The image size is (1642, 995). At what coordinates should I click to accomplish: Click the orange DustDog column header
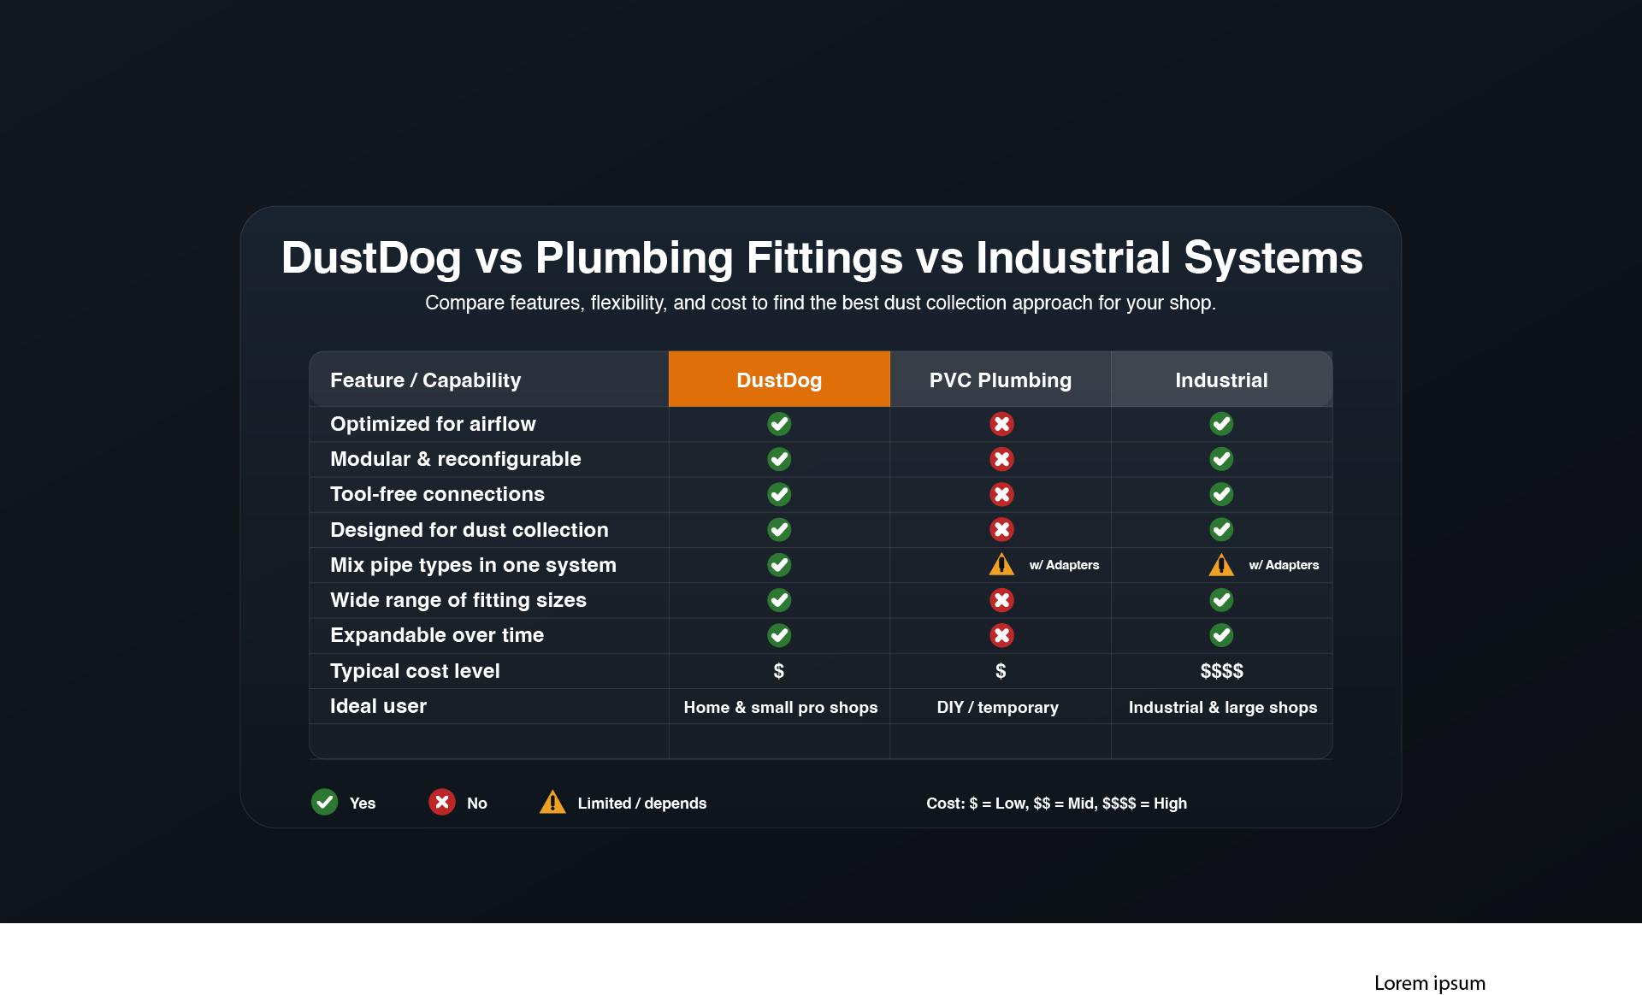click(x=778, y=380)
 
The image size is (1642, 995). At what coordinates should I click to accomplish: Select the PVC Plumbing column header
click(x=1000, y=380)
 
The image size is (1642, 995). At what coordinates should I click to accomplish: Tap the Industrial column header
click(x=1221, y=380)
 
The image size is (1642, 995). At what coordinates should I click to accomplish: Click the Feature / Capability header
click(x=425, y=380)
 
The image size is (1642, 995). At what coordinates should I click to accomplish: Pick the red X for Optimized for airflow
click(x=1001, y=424)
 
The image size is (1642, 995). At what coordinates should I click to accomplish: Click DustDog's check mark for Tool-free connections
click(x=779, y=494)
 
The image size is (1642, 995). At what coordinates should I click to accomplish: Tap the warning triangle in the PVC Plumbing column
click(x=1001, y=565)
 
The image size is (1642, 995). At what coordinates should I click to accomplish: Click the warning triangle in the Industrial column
click(x=1221, y=565)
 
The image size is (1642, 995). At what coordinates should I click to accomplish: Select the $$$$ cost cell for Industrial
click(x=1221, y=671)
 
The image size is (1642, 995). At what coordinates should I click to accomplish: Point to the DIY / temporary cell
click(x=997, y=707)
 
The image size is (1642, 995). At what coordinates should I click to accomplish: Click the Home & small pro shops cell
click(x=780, y=707)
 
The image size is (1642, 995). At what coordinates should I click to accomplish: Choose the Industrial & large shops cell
click(x=1222, y=707)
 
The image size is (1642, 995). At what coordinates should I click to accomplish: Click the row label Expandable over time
click(x=437, y=635)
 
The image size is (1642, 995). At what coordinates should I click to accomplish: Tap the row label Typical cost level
click(x=415, y=671)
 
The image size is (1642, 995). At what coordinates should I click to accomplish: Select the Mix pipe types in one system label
click(x=473, y=565)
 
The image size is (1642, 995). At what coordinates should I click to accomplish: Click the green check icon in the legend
click(x=324, y=802)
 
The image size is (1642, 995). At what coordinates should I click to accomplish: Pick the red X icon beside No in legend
click(x=441, y=802)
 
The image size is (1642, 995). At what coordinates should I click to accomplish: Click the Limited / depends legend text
click(x=641, y=804)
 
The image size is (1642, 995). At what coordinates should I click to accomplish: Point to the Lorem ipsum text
click(x=1429, y=983)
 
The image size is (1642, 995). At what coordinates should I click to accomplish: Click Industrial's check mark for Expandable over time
click(x=1221, y=635)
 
